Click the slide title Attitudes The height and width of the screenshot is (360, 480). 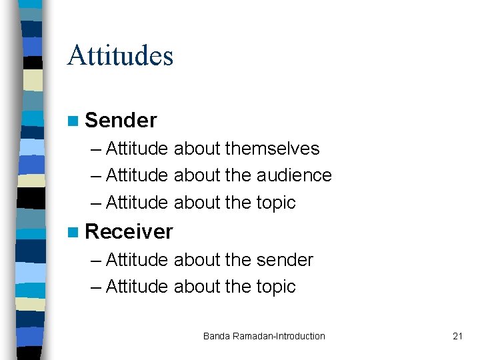[120, 55]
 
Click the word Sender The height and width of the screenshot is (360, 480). [121, 120]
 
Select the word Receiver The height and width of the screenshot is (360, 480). [129, 231]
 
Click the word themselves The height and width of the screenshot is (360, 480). [272, 148]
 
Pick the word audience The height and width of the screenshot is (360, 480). [294, 175]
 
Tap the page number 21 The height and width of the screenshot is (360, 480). [457, 336]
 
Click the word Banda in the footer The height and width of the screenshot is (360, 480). [217, 336]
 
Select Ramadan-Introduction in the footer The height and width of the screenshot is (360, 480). [279, 336]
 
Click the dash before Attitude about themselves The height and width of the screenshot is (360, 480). [95, 149]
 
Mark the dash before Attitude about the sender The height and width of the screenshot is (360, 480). [95, 260]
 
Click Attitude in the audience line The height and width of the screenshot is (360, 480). [137, 175]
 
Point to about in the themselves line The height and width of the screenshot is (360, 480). [197, 148]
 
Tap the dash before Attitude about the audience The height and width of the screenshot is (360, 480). [95, 176]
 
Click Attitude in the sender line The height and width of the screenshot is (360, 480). [137, 259]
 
